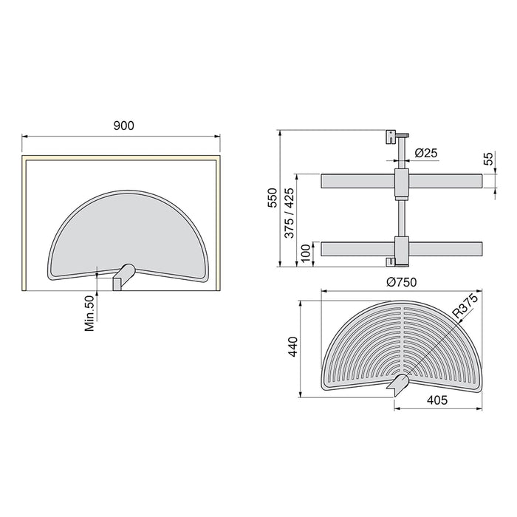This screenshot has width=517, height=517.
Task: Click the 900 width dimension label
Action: (x=123, y=126)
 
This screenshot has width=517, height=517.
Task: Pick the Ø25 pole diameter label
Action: (x=426, y=153)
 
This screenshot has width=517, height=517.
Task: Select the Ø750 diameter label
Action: (x=401, y=281)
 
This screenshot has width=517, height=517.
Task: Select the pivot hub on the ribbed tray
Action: (x=399, y=382)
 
